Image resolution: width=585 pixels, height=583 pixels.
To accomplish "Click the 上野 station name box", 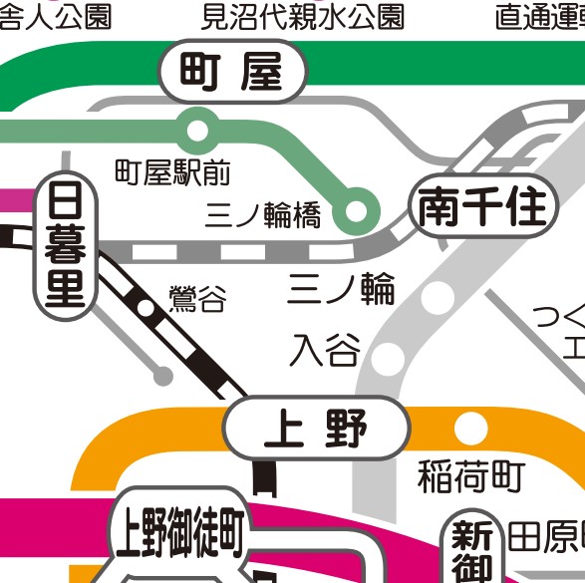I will click(316, 430).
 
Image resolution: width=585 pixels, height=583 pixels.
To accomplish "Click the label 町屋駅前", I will click(172, 173).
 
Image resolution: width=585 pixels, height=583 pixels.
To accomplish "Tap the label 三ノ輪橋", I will click(263, 215).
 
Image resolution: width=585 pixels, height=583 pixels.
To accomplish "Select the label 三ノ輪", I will click(342, 289).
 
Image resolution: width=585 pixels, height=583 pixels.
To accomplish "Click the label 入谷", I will click(325, 350).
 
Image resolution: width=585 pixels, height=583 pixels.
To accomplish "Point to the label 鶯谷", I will click(197, 298).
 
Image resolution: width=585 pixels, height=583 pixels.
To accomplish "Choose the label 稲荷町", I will click(470, 477).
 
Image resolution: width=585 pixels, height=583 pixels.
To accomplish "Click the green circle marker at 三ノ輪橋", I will click(356, 211).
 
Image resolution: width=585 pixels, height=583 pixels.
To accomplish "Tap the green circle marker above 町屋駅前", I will click(197, 129).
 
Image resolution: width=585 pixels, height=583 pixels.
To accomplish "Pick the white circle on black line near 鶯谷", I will click(146, 309).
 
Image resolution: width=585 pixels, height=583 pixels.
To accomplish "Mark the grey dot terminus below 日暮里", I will click(161, 376).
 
